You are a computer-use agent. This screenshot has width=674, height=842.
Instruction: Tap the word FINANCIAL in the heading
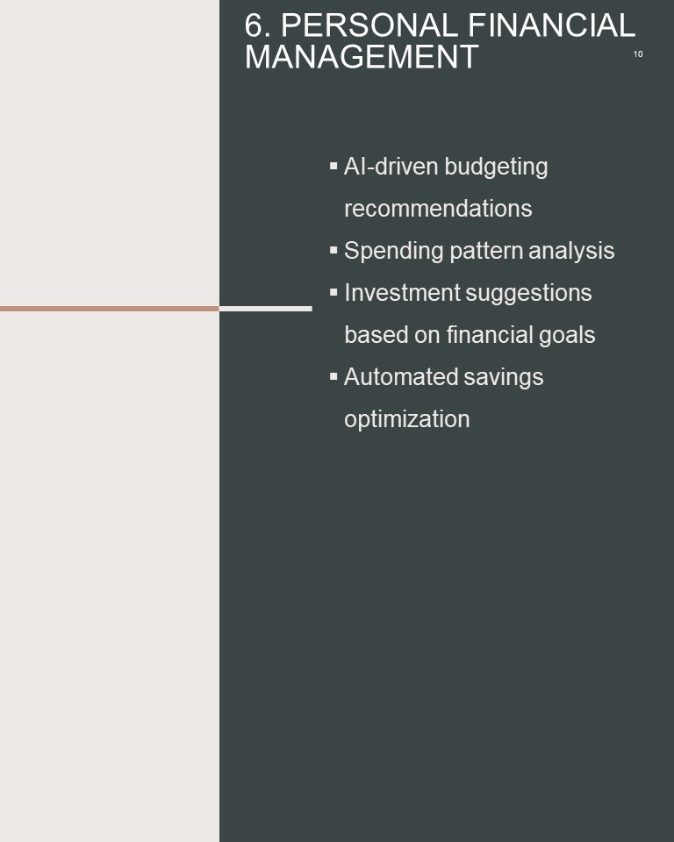click(x=551, y=25)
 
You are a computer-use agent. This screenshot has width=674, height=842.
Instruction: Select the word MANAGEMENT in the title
click(x=362, y=56)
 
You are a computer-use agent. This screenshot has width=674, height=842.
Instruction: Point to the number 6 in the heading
click(x=254, y=25)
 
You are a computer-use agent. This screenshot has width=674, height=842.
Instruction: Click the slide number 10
click(x=638, y=54)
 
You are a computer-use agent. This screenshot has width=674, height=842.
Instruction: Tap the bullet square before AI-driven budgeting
click(x=333, y=166)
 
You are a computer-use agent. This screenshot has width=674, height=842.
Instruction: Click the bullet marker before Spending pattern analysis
click(x=333, y=250)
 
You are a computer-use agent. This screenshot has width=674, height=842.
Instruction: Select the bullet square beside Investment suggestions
click(x=333, y=292)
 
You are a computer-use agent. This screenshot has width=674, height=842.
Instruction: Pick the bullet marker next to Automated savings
click(x=333, y=376)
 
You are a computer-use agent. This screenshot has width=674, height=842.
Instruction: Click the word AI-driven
click(x=391, y=167)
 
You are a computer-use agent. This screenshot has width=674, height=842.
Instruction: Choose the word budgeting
click(x=497, y=168)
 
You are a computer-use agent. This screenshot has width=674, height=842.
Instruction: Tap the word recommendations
click(x=438, y=209)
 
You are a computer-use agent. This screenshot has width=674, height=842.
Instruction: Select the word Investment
click(x=402, y=293)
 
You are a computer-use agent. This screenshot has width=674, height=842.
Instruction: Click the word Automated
click(x=400, y=377)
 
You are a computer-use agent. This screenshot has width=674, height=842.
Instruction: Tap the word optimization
click(x=407, y=420)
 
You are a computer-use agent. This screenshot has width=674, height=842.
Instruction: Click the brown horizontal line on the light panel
click(x=110, y=309)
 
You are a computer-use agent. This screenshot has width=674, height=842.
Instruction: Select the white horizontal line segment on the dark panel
click(x=266, y=309)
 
